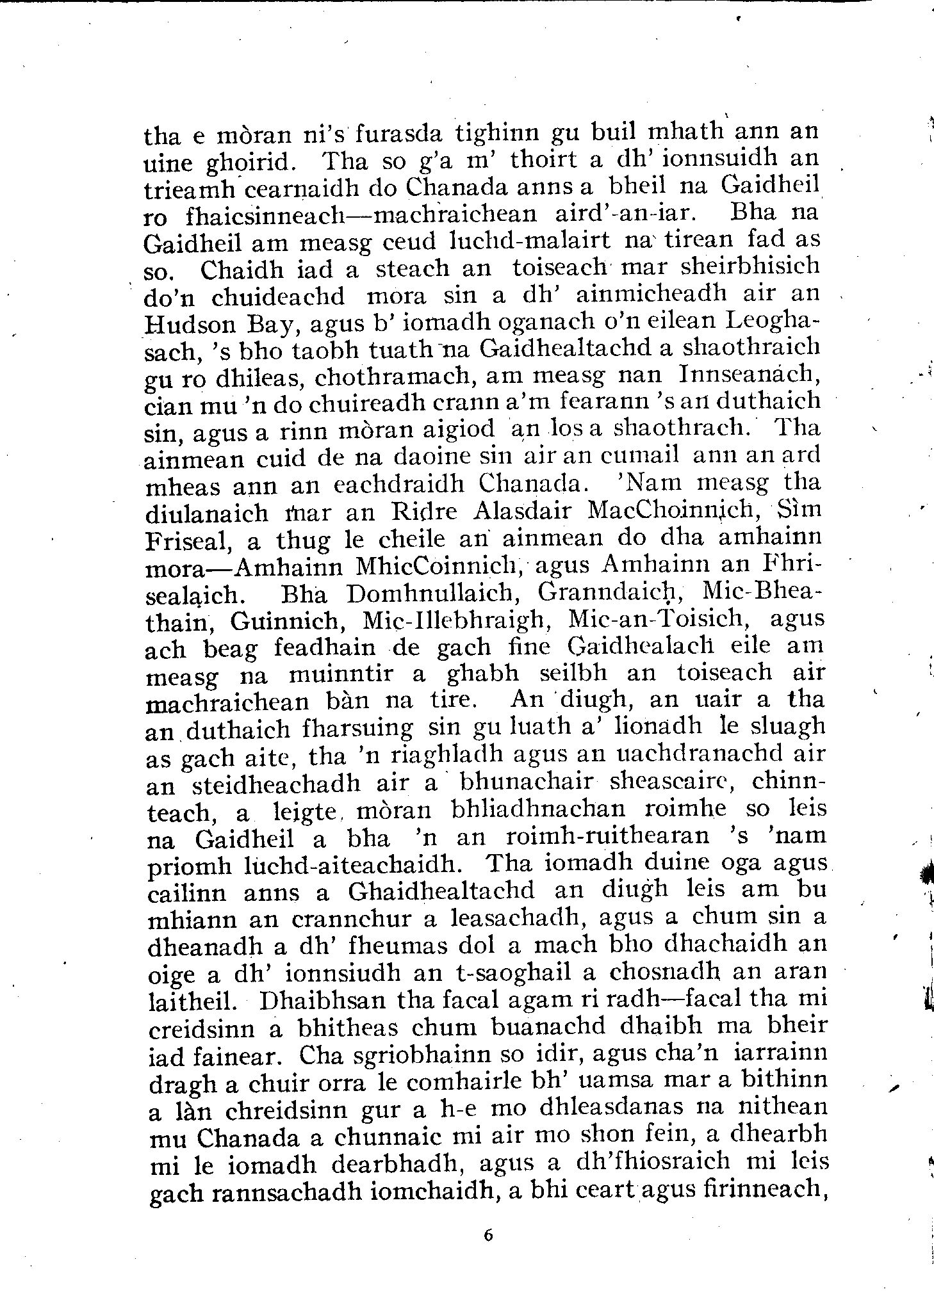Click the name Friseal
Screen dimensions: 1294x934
tap(186, 541)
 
